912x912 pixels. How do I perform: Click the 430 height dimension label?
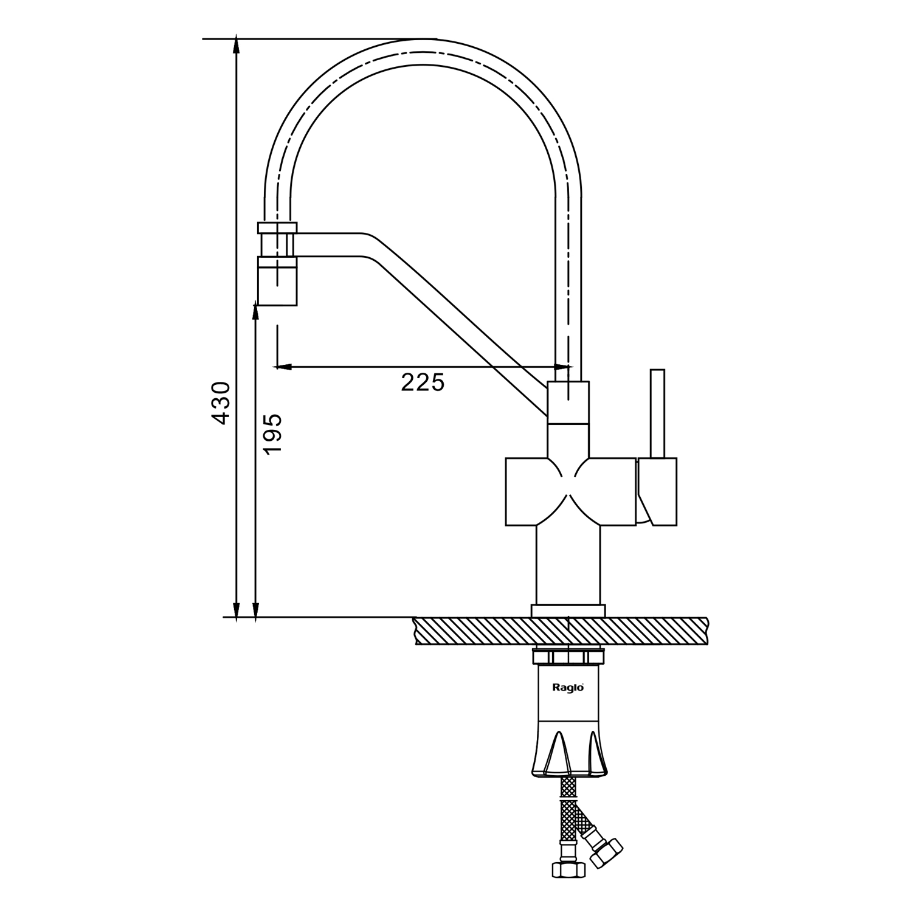pos(219,403)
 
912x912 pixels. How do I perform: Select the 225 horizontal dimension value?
pos(423,382)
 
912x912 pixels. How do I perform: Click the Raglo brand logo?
pos(568,688)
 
